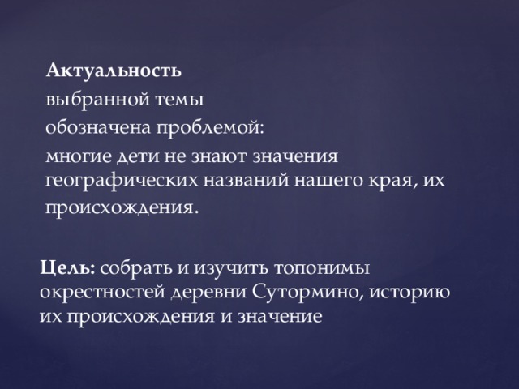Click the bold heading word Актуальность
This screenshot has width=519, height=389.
pos(114,70)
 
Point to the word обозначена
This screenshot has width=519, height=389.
pos(98,127)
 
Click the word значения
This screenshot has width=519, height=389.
pos(295,156)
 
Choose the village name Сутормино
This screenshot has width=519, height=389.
pos(307,293)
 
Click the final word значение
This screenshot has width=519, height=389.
pos(280,317)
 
